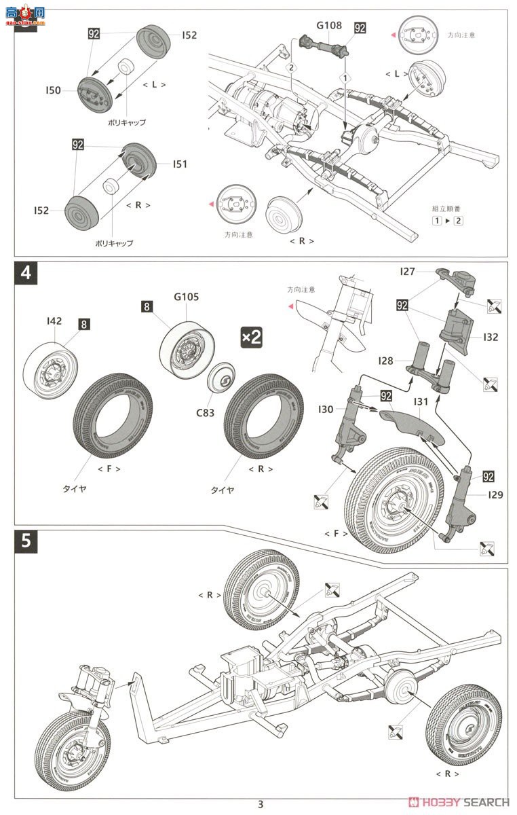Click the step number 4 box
(x=26, y=274)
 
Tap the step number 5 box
(x=26, y=541)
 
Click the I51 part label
(x=180, y=164)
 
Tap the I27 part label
(x=407, y=272)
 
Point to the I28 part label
(x=386, y=361)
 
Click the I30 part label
(x=326, y=409)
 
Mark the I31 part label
(x=421, y=402)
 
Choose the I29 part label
(x=495, y=494)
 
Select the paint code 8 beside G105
(x=147, y=307)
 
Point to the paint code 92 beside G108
(x=360, y=28)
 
